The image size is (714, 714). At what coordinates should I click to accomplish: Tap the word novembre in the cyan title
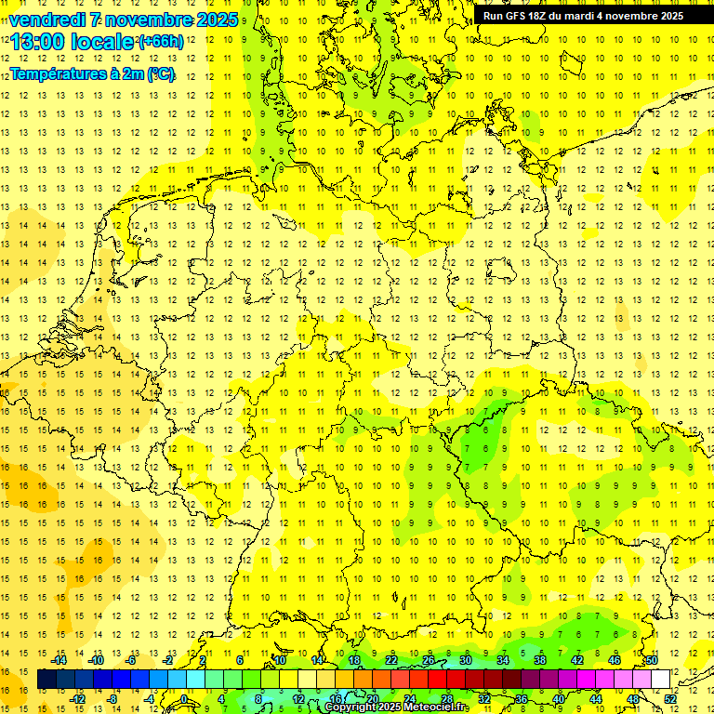pyautogui.click(x=148, y=20)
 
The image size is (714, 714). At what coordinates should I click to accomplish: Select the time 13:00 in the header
pyautogui.click(x=39, y=42)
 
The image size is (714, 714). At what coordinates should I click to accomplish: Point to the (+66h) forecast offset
pyautogui.click(x=161, y=42)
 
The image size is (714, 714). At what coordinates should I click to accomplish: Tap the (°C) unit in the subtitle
pyautogui.click(x=159, y=73)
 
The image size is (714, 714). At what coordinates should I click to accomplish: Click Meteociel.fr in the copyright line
pyautogui.click(x=437, y=707)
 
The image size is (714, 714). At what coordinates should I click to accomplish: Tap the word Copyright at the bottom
pyautogui.click(x=350, y=707)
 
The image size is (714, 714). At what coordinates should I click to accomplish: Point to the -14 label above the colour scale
pyautogui.click(x=59, y=660)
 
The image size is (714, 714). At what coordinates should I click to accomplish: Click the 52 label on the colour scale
pyautogui.click(x=670, y=698)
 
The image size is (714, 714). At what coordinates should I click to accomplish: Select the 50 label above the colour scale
pyautogui.click(x=652, y=660)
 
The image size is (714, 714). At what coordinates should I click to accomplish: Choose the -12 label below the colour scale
pyautogui.click(x=78, y=698)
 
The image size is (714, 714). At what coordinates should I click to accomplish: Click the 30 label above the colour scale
pyautogui.click(x=466, y=660)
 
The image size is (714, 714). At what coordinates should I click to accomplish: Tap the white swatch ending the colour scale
pyautogui.click(x=660, y=680)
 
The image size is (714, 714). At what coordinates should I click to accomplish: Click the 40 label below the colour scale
pyautogui.click(x=559, y=698)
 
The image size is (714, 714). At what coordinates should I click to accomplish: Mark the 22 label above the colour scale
pyautogui.click(x=391, y=660)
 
